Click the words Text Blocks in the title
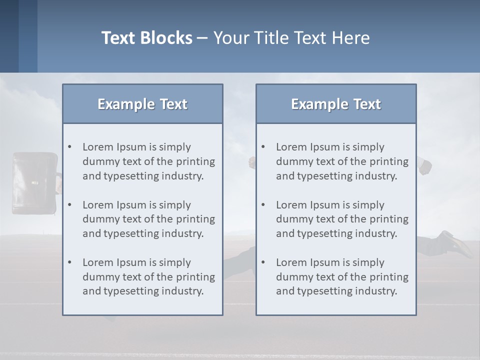click(x=146, y=38)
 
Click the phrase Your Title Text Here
click(x=291, y=38)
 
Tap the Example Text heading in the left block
click(x=142, y=104)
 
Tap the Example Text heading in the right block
click(x=336, y=104)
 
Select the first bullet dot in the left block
click(x=69, y=147)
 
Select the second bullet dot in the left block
click(x=69, y=205)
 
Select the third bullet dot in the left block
click(x=69, y=262)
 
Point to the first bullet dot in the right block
click(x=263, y=147)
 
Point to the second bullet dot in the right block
click(x=263, y=205)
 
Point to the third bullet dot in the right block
click(x=263, y=262)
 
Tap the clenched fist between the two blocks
click(x=252, y=162)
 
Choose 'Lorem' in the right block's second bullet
click(x=291, y=205)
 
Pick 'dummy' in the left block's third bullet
click(x=98, y=277)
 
